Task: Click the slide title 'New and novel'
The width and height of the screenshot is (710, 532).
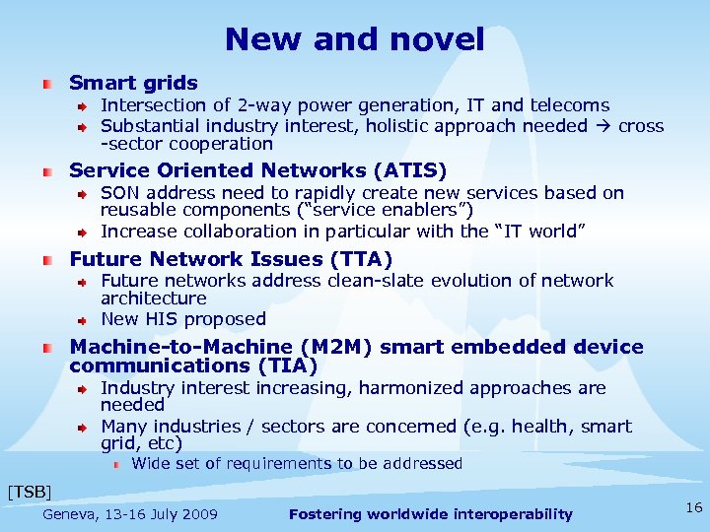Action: click(355, 39)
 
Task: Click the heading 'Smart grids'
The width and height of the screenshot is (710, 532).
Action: click(133, 83)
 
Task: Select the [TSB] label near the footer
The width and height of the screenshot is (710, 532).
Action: click(29, 490)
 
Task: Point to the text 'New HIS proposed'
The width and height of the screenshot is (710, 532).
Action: click(183, 319)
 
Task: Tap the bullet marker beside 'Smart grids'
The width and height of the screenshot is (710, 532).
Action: click(47, 84)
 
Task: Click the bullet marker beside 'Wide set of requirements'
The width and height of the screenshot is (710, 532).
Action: click(115, 464)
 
